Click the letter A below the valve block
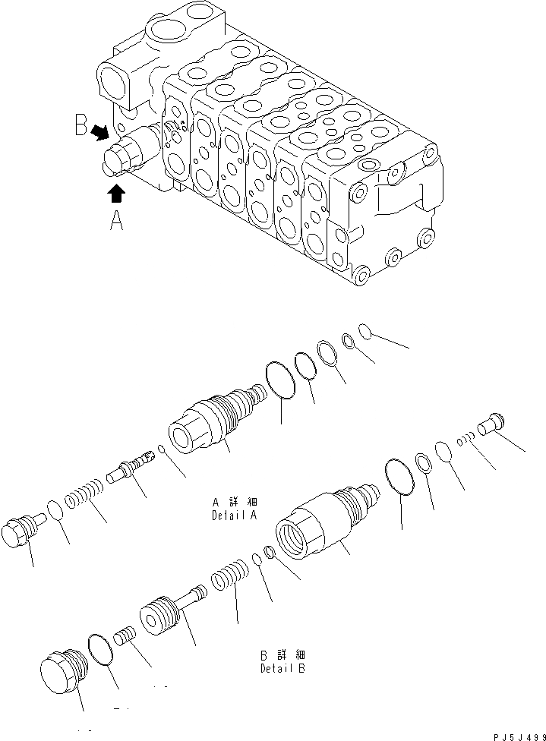click(x=116, y=221)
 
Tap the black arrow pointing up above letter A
click(x=115, y=194)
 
